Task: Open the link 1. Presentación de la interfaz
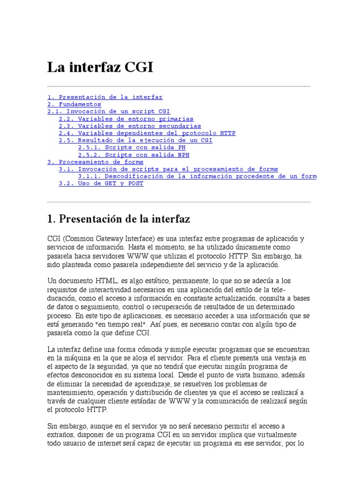tap(105, 97)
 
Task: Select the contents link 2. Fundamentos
tap(74, 104)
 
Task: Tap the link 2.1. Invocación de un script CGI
tap(109, 112)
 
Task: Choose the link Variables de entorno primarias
tap(126, 119)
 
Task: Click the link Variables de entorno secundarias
tap(130, 126)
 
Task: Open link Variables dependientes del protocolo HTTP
tap(147, 133)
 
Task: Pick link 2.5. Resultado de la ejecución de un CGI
tap(135, 140)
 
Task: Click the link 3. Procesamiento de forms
tap(96, 162)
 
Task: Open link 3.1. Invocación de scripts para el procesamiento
tap(168, 169)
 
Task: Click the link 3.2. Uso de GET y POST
tap(101, 183)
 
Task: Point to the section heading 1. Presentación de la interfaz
tap(119, 219)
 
